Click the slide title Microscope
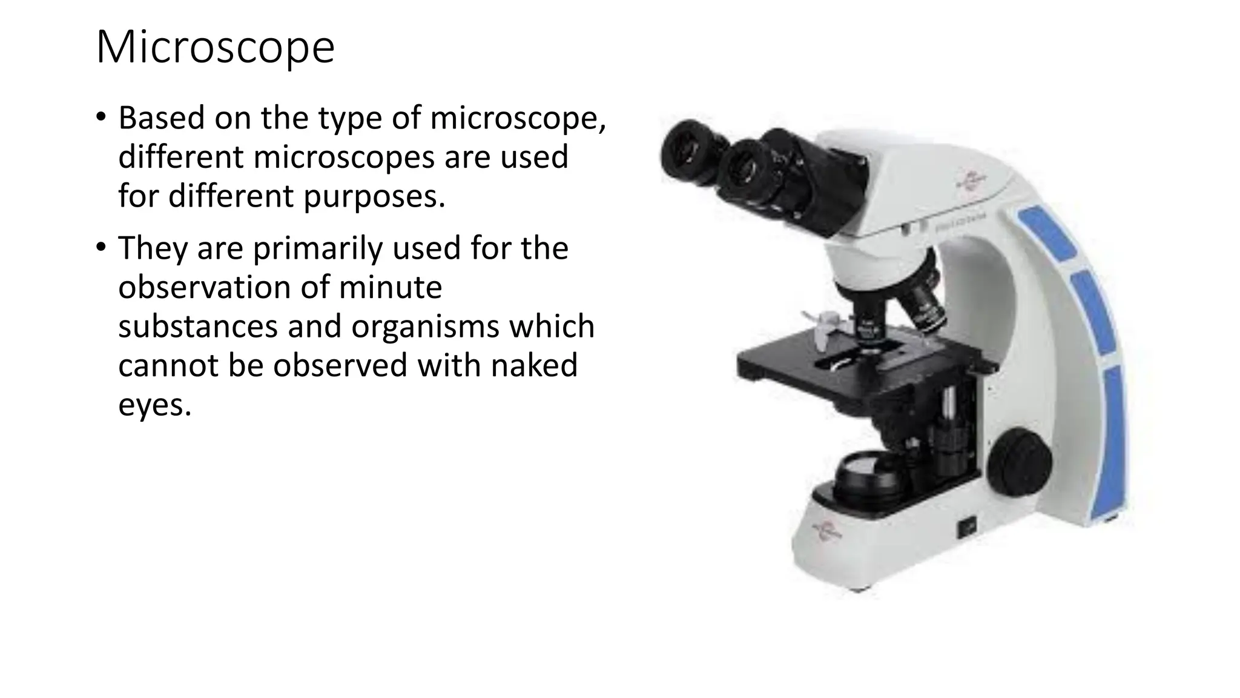(215, 47)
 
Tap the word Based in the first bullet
(161, 118)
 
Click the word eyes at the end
(154, 405)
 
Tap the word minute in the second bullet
(391, 287)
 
